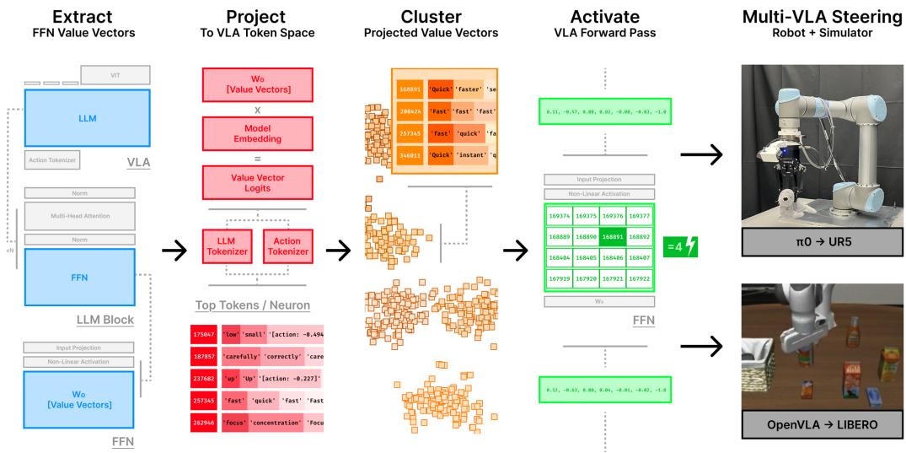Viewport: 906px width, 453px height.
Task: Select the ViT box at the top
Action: click(x=115, y=74)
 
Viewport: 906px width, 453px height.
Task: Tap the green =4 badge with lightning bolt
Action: click(x=680, y=247)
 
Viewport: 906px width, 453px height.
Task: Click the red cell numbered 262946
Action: click(x=205, y=422)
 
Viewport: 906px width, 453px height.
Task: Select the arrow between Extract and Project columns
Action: click(x=174, y=250)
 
